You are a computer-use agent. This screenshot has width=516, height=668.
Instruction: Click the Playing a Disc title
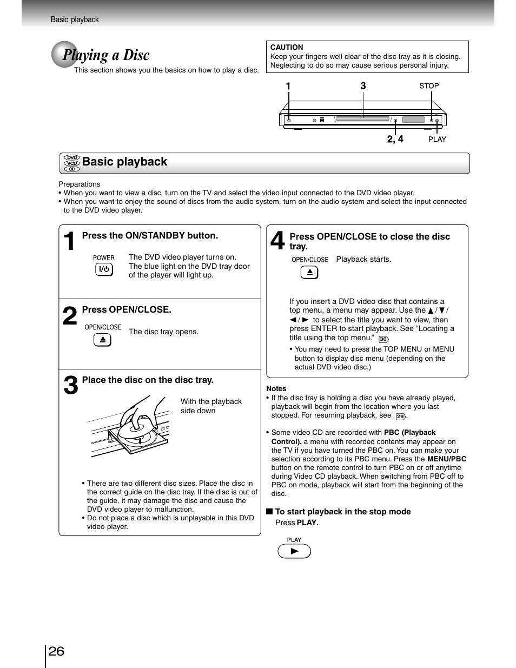pyautogui.click(x=106, y=55)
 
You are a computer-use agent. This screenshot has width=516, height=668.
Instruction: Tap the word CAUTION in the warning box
pyautogui.click(x=287, y=47)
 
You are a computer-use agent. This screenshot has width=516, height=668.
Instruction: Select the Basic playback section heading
pyautogui.click(x=124, y=162)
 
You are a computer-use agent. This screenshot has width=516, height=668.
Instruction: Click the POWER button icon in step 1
pyautogui.click(x=104, y=269)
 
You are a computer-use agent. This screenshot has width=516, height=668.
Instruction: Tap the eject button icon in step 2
pyautogui.click(x=102, y=340)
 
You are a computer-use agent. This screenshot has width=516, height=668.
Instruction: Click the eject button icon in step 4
pyautogui.click(x=309, y=273)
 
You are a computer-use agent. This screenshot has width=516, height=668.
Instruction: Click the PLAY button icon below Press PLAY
pyautogui.click(x=294, y=551)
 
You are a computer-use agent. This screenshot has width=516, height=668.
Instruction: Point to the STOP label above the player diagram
pyautogui.click(x=429, y=86)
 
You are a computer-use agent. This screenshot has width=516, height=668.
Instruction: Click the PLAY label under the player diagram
pyautogui.click(x=437, y=140)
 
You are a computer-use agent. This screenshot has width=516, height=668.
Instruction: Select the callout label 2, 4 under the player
pyautogui.click(x=395, y=139)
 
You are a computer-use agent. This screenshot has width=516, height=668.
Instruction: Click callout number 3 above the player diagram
pyautogui.click(x=363, y=86)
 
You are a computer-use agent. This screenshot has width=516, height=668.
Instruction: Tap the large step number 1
pyautogui.click(x=69, y=242)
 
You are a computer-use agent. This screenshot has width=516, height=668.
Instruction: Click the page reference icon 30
pyautogui.click(x=383, y=339)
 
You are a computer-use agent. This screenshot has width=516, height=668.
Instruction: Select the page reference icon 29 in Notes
pyautogui.click(x=400, y=416)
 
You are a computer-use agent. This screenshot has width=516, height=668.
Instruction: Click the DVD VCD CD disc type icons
pyautogui.click(x=72, y=163)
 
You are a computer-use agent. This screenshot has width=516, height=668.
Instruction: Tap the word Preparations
pyautogui.click(x=80, y=184)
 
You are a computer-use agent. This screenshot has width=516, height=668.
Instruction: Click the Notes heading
pyautogui.click(x=276, y=388)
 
